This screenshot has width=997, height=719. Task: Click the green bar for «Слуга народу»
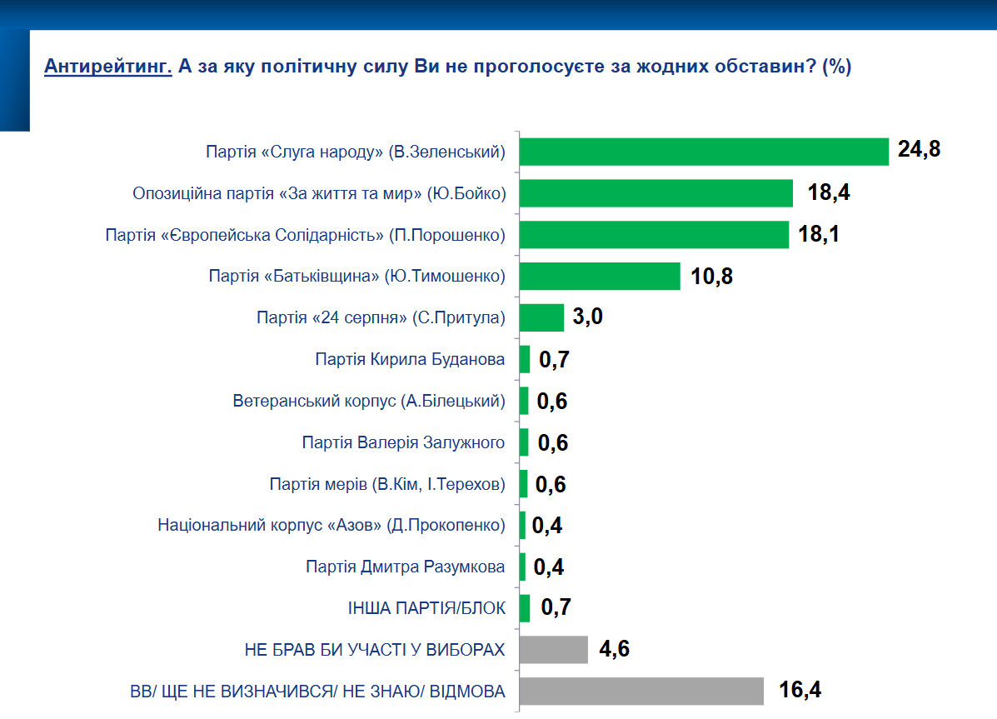704,152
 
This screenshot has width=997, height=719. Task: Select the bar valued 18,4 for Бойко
656,193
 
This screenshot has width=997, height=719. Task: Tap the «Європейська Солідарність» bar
654,235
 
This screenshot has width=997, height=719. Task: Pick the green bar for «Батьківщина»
600,276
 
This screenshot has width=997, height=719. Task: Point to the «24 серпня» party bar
541,317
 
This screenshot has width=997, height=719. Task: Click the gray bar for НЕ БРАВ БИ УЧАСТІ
554,649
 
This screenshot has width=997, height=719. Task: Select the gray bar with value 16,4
641,691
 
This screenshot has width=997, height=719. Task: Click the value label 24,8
919,151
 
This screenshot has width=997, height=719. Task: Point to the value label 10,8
711,276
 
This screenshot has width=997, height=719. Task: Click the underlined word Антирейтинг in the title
107,67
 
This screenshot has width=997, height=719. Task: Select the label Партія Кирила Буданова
410,359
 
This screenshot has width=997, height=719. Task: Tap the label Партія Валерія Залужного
403,442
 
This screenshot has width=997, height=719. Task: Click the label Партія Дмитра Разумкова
406,567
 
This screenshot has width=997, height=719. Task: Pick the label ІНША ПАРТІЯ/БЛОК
426,608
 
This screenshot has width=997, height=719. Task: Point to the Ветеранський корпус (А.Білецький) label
369,401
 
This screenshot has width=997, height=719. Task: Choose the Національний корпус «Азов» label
332,525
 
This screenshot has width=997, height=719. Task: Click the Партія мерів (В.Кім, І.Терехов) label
387,484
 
